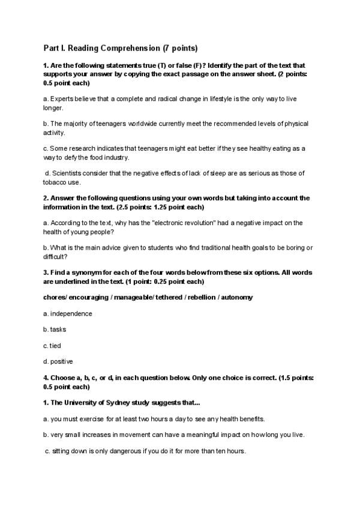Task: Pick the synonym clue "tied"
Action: (x=55, y=346)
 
